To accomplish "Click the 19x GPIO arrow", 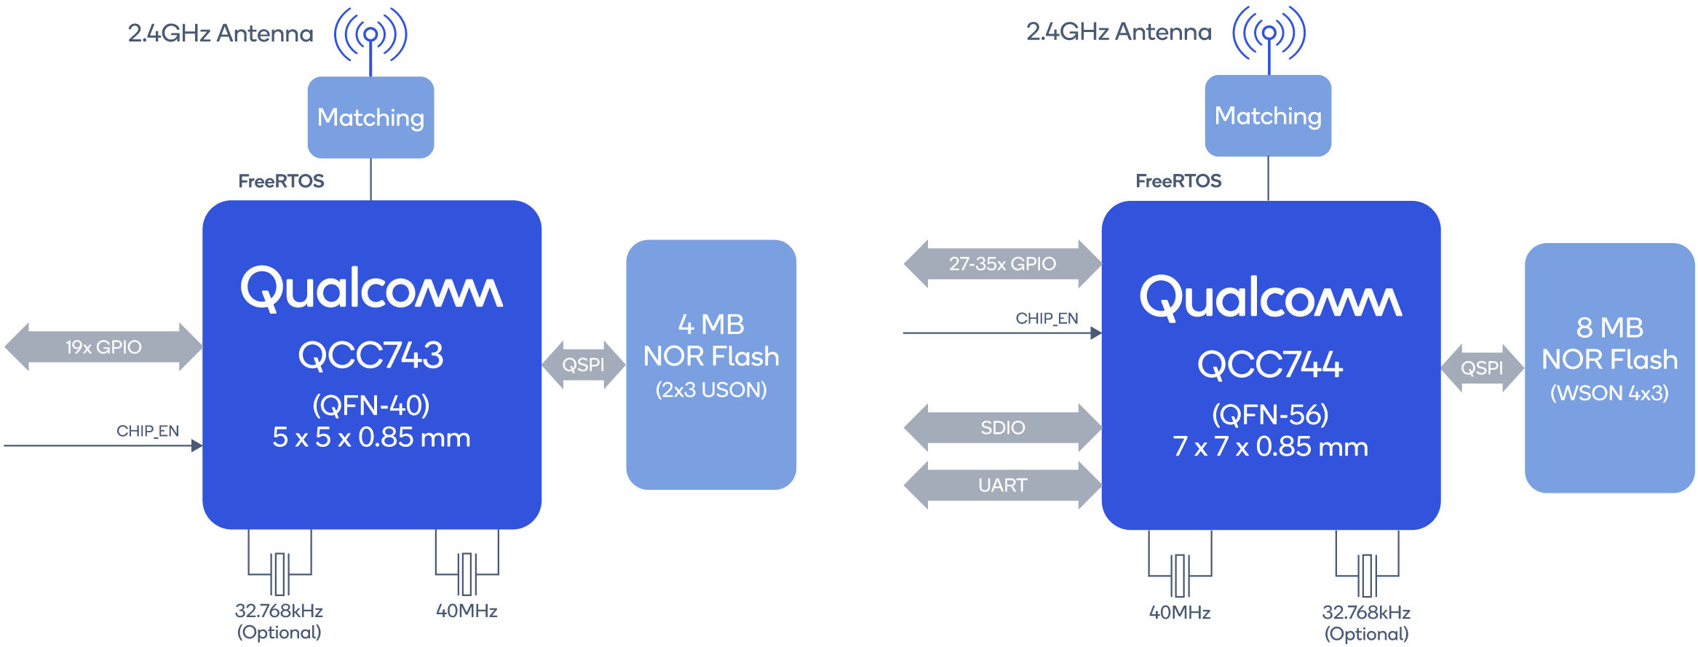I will [x=103, y=347].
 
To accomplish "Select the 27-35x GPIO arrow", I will [x=1002, y=263].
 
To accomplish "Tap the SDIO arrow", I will [x=1002, y=427].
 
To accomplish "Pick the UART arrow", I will [x=1002, y=485].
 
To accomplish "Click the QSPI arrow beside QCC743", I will [x=583, y=365].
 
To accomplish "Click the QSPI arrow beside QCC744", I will [x=1482, y=368].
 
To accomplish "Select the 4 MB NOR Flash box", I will [x=711, y=364].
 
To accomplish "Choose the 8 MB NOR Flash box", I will [x=1609, y=368].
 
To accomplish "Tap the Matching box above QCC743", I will [x=370, y=117].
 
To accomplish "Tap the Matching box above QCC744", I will [x=1268, y=116].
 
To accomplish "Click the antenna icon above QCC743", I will [x=370, y=34].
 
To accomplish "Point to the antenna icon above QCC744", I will [x=1269, y=33].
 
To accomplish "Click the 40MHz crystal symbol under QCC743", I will [x=467, y=573].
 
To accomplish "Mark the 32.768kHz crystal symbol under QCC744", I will [x=1367, y=575].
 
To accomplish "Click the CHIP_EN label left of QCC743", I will [x=148, y=431].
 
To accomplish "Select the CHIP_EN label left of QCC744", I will [x=1047, y=318].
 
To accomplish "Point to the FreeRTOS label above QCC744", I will [x=1178, y=180].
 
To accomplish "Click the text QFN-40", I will [x=370, y=405].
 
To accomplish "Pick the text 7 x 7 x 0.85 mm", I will [x=1270, y=446].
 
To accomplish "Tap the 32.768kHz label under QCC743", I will [x=279, y=611].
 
